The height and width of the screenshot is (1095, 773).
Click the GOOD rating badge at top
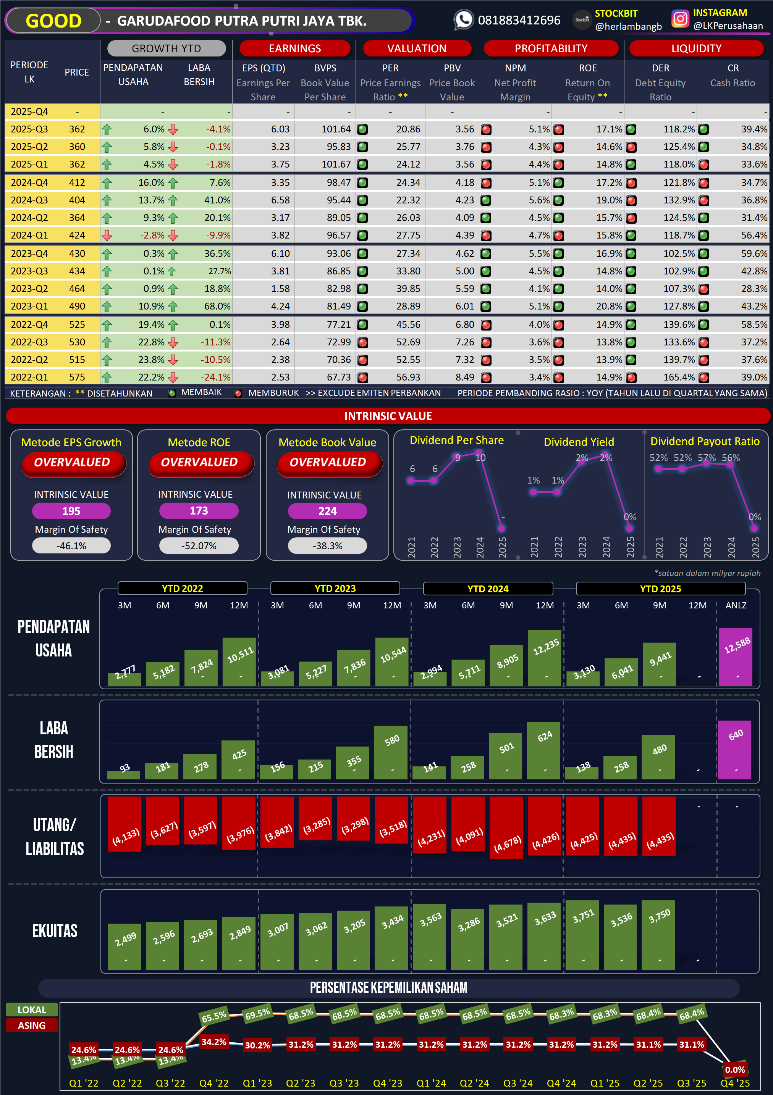pos(53,21)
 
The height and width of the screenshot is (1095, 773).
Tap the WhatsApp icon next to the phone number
pos(463,19)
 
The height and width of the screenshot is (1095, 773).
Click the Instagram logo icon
pos(680,19)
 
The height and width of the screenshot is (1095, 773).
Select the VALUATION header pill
pos(417,48)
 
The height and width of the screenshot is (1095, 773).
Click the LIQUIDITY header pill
pos(696,48)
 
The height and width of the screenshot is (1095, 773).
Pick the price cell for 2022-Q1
pos(77,377)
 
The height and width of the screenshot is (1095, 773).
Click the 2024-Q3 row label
pos(29,200)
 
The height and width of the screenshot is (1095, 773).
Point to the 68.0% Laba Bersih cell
pos(217,306)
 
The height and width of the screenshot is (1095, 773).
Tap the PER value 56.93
pos(408,377)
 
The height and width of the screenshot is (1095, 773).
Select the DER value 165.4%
pos(679,377)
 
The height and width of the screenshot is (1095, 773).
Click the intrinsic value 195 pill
pos(71,511)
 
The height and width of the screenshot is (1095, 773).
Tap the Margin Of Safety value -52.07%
pos(199,546)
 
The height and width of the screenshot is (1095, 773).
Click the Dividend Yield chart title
pos(579,442)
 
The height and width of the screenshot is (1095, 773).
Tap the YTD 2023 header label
pos(335,589)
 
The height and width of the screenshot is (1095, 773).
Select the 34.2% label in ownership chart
pos(214,1042)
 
